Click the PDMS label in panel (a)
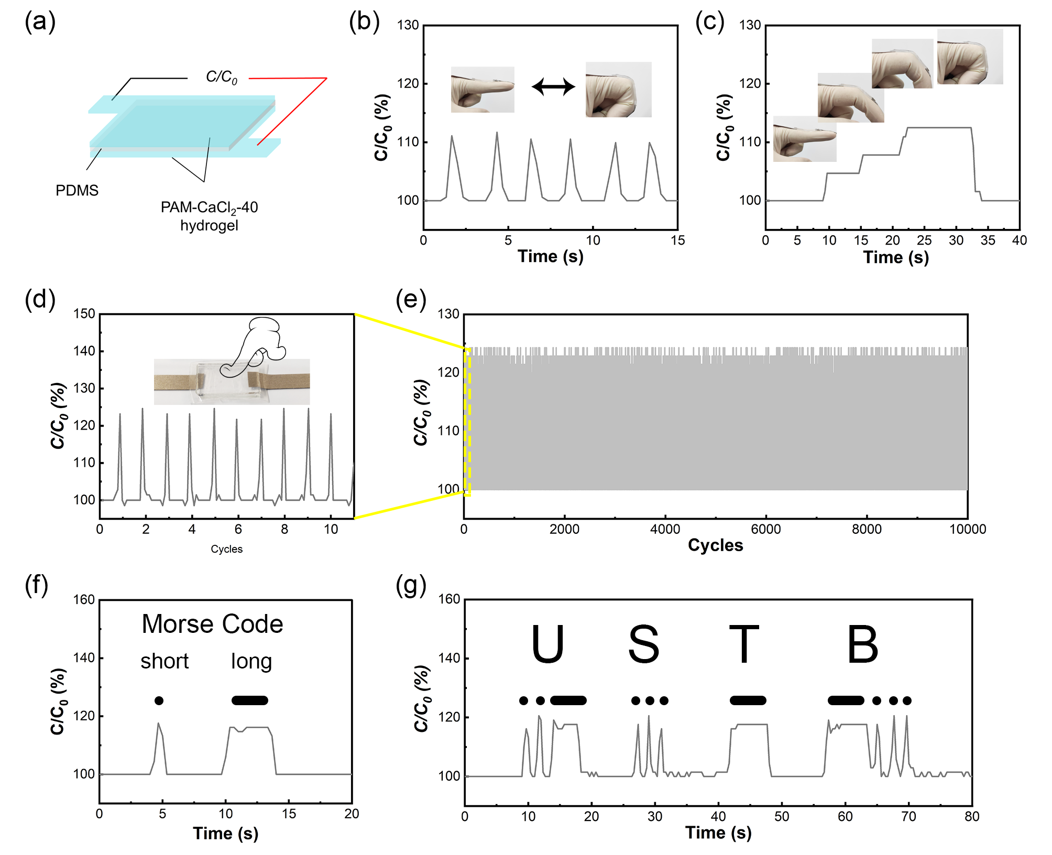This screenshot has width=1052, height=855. coord(77,190)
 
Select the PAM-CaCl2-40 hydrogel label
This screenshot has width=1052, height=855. coord(209,216)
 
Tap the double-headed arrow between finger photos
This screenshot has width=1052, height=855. coord(553,86)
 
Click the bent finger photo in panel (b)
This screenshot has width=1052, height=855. coord(618,90)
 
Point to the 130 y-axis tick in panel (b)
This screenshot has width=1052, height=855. coord(408,25)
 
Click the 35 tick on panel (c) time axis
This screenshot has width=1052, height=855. coord(988,240)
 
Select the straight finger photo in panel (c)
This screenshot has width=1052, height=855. coord(804,139)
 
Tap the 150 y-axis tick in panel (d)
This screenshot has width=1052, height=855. coord(84,314)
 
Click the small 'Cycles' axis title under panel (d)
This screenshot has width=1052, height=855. coord(226,549)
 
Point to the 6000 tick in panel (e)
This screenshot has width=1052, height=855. coord(765,529)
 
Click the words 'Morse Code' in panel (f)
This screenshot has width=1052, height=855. coord(212,624)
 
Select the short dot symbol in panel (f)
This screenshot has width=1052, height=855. coord(159,700)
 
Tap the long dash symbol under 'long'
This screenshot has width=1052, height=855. coord(250,700)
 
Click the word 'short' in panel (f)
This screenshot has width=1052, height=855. coord(165,662)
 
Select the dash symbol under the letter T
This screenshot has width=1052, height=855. coord(748,700)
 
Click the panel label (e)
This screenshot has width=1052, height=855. coord(411,299)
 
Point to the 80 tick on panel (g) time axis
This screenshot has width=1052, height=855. coord(972,816)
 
